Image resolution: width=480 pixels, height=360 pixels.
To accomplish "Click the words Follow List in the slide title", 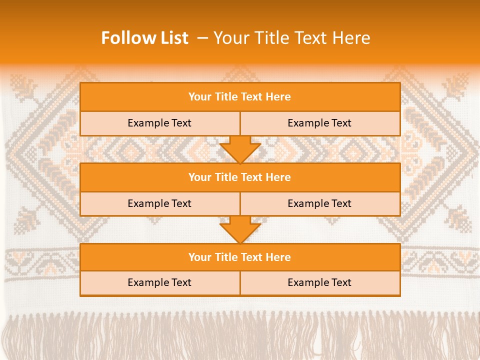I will [x=145, y=38].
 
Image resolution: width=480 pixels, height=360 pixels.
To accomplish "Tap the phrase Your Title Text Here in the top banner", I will [x=291, y=38].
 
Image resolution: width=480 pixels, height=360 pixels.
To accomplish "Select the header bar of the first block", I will [x=240, y=97].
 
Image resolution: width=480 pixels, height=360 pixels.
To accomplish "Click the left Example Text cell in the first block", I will [x=159, y=123].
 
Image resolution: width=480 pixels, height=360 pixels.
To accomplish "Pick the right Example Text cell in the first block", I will [x=319, y=123].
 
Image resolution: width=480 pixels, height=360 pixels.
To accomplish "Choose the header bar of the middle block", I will [x=240, y=177].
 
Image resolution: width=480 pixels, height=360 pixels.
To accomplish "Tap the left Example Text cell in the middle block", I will [x=159, y=203].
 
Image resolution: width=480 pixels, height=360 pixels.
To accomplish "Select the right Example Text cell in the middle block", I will [x=319, y=203].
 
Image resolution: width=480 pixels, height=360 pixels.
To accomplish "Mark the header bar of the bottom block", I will [x=240, y=257].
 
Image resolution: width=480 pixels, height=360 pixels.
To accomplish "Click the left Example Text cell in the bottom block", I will [x=159, y=282].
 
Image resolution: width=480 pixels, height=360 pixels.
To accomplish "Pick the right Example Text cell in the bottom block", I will [x=319, y=282].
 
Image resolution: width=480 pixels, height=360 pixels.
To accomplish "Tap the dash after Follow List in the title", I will [x=202, y=38].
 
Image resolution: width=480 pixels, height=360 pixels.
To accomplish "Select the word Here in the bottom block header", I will [x=278, y=257].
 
